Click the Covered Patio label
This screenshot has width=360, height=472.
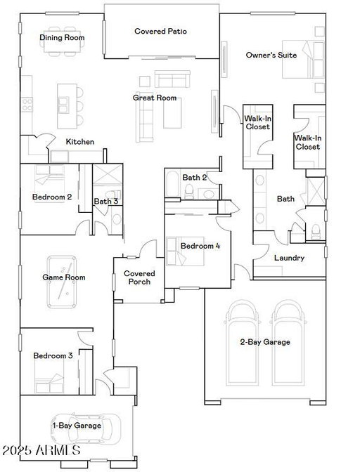(x=160, y=31)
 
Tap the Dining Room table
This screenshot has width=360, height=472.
(x=62, y=41)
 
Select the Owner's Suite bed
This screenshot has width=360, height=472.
(x=303, y=59)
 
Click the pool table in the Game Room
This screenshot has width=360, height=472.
(x=62, y=282)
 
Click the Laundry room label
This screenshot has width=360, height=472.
(x=289, y=258)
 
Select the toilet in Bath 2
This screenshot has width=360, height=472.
(x=189, y=192)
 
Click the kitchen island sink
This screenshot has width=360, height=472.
(x=63, y=105)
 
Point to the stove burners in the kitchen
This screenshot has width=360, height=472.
(x=27, y=105)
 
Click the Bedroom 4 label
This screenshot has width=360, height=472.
(x=200, y=246)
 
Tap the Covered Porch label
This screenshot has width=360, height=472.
(x=139, y=277)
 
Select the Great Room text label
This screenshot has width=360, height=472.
(x=155, y=98)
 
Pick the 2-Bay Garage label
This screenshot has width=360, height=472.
(x=265, y=342)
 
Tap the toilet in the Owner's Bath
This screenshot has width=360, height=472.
(x=316, y=232)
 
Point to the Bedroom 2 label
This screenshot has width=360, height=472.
(x=52, y=197)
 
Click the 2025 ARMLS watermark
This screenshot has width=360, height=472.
(x=41, y=450)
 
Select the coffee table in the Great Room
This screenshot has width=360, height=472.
(x=172, y=113)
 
